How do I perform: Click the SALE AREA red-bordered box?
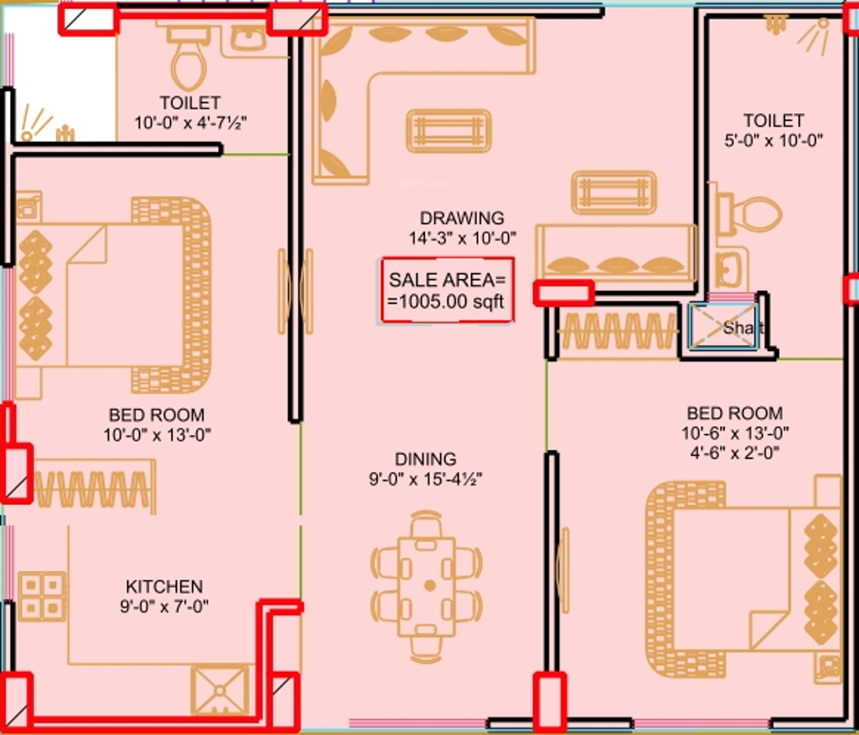448,290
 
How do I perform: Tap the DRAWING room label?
461,218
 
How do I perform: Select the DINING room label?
426,459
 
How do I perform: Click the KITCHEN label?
164,587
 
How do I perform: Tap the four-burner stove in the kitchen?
42,597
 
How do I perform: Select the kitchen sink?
220,690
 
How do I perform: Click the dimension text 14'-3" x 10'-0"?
462,238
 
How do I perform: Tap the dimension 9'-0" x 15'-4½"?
426,479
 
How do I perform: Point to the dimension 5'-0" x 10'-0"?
774,141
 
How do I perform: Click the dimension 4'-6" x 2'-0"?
735,452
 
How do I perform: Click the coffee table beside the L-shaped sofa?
449,131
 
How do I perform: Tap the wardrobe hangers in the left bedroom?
94,489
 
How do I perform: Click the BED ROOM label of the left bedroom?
157,415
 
